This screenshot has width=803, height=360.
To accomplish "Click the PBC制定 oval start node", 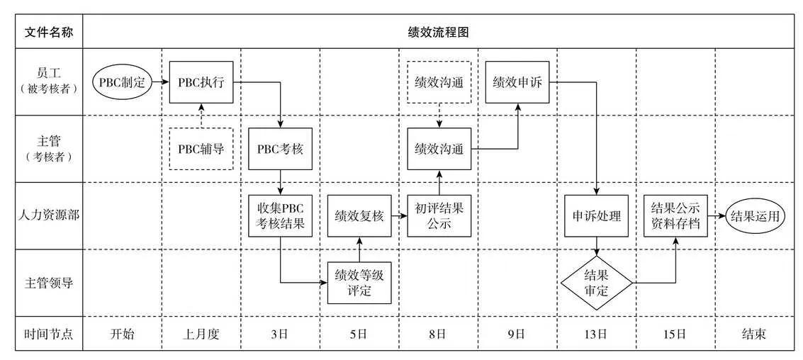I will pyautogui.click(x=122, y=81).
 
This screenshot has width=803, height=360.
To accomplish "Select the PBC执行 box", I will pyautogui.click(x=201, y=81).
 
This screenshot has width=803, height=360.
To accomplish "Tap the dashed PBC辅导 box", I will pyautogui.click(x=201, y=149).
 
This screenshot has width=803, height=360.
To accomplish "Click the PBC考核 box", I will pyautogui.click(x=280, y=149).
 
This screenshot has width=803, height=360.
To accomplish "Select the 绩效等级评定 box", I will pyautogui.click(x=359, y=282).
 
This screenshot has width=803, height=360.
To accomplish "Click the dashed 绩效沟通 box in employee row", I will pyautogui.click(x=439, y=81).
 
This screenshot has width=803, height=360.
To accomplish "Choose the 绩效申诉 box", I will pyautogui.click(x=517, y=81).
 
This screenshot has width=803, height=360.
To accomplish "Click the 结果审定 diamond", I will pyautogui.click(x=597, y=282).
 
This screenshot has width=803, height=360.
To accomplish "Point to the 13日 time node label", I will pyautogui.click(x=597, y=334).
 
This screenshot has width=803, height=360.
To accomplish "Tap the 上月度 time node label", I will pyautogui.click(x=201, y=334).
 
